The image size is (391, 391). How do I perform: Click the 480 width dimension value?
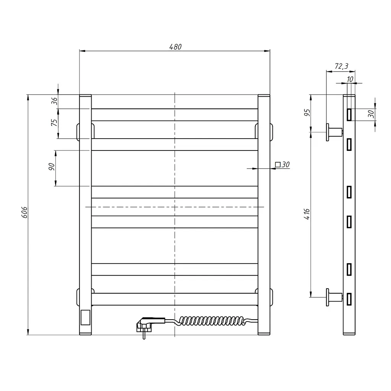pos(175,47)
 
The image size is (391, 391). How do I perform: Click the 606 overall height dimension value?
pos(24,212)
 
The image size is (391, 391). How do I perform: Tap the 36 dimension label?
pos(54,101)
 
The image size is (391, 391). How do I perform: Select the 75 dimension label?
pos(54,123)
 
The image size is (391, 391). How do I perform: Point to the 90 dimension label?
pos(52,166)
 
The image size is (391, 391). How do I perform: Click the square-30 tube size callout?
pos(282,165)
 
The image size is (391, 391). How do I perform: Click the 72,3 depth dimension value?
pos(341,66)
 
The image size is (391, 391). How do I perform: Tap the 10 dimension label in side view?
pos(350,79)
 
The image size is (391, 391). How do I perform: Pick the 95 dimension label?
pos(307,113)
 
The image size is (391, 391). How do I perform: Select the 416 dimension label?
pos(307,214)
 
